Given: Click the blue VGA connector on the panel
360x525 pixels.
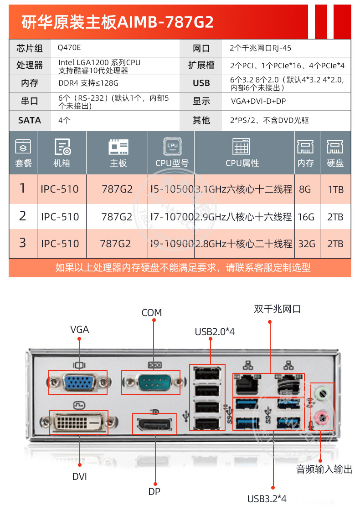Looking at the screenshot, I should (x=79, y=381).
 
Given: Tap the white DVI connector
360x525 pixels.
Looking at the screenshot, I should (x=78, y=423).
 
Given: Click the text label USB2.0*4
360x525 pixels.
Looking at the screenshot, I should (x=214, y=331).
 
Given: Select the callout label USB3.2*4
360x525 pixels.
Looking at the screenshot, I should (x=267, y=499).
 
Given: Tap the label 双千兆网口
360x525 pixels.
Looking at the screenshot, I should (x=277, y=310).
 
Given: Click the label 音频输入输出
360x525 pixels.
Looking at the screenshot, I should (x=324, y=469).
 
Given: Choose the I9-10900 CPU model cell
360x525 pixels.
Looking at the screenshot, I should (x=171, y=244).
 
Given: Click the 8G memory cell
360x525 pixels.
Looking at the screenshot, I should (x=305, y=189).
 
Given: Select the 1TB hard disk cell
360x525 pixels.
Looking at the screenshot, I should (x=335, y=189).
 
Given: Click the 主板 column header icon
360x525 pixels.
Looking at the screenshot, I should (x=118, y=147).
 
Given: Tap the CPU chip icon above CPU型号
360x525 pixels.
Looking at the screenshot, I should (x=172, y=146).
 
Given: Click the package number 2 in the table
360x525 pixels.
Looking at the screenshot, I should (x=22, y=216).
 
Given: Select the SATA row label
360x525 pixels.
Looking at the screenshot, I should (x=30, y=120).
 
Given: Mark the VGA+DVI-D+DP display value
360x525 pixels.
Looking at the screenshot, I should (x=258, y=102).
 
